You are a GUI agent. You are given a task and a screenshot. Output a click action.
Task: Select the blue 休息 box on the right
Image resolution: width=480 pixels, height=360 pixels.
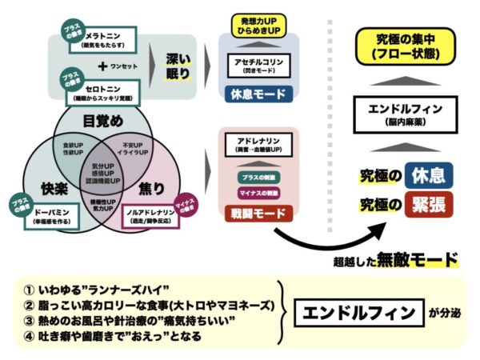(x=428, y=175)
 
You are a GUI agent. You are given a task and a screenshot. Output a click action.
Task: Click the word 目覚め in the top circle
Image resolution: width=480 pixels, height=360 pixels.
(x=103, y=122)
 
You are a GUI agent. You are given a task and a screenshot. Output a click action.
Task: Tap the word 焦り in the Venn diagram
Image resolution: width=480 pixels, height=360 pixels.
(x=152, y=189)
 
